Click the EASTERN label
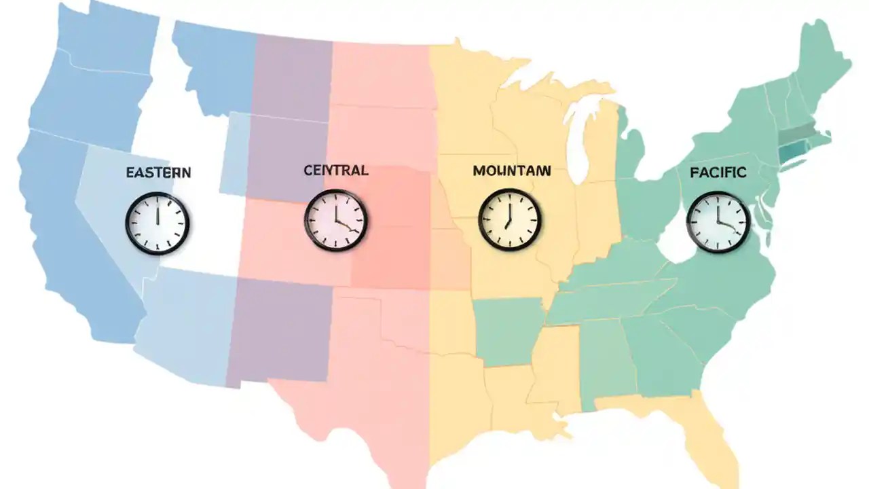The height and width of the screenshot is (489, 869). click(158, 173)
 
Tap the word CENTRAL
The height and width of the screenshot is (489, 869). click(335, 170)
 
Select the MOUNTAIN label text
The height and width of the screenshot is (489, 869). click(511, 171)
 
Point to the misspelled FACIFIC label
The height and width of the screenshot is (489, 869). click(718, 173)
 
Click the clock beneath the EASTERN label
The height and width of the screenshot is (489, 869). click(157, 222)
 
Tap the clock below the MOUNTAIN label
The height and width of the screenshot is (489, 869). click(509, 219)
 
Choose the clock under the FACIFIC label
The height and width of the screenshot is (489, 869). click(718, 221)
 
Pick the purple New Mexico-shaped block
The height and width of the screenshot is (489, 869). click(278, 333)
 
